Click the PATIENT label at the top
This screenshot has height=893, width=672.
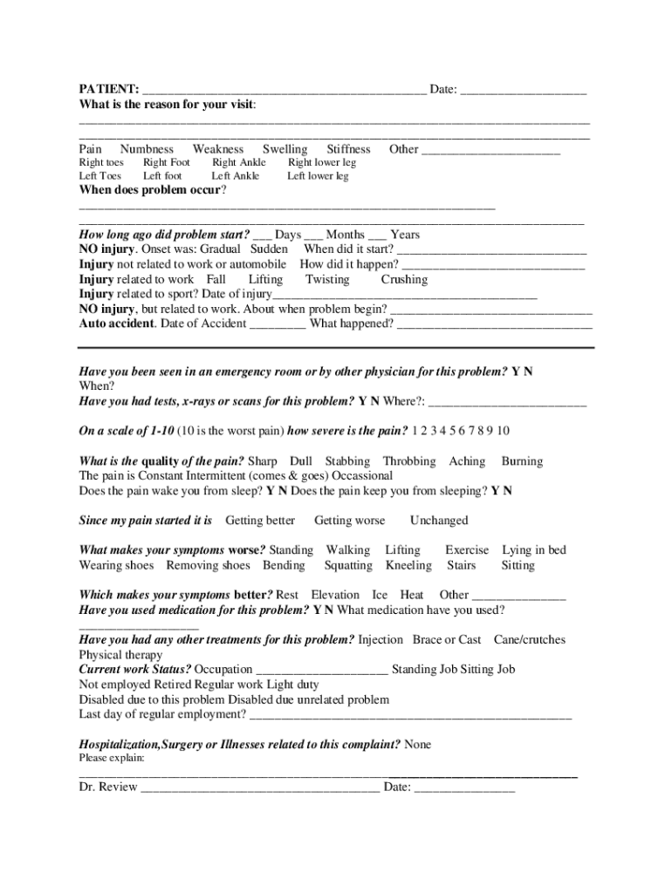click(108, 90)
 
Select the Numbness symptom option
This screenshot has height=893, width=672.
click(147, 149)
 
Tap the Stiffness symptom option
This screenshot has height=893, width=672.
click(348, 149)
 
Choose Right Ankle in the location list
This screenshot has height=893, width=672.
click(239, 162)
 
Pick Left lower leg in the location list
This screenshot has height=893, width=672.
click(318, 175)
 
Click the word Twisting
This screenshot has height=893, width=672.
click(327, 279)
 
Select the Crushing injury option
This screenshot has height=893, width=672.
click(404, 279)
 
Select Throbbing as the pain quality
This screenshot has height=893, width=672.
click(409, 460)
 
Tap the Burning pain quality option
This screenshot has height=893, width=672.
click(522, 460)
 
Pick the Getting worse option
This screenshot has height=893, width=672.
click(349, 521)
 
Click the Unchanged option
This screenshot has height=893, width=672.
click(439, 521)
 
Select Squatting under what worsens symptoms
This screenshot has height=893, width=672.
click(348, 565)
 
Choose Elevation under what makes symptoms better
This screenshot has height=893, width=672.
click(335, 595)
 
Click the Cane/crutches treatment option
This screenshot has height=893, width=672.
click(530, 639)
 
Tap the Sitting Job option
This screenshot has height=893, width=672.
click(483, 669)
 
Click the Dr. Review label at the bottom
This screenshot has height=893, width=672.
click(108, 787)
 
